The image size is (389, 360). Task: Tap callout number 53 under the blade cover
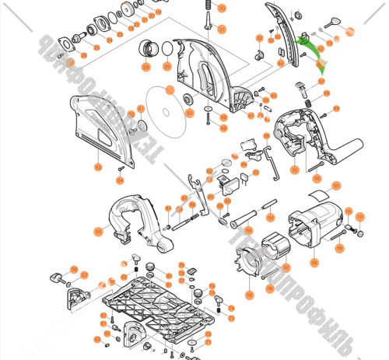point(99,166)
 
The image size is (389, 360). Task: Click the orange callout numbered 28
point(145,66)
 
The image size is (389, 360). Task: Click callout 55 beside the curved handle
point(99,231)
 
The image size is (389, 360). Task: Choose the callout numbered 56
point(74,270)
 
